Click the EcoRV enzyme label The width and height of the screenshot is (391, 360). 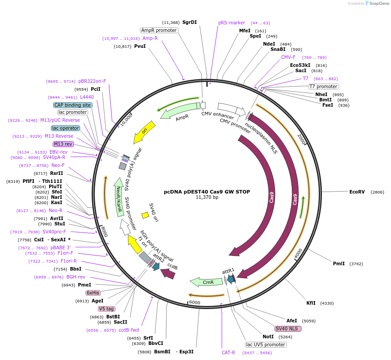(x=357, y=192)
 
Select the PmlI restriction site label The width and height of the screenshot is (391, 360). (x=339, y=263)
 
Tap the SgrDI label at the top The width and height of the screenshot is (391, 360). (x=190, y=22)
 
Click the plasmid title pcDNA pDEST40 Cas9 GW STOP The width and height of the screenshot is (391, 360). (x=207, y=192)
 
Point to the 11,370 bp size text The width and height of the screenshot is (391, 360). (x=207, y=197)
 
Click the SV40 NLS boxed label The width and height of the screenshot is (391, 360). (x=288, y=329)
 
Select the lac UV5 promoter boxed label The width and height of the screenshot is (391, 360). (x=266, y=345)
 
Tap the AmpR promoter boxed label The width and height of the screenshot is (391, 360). (x=159, y=30)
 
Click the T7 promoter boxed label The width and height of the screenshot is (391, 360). (x=323, y=86)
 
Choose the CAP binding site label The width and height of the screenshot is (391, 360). (x=73, y=105)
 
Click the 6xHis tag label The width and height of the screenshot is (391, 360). (x=93, y=293)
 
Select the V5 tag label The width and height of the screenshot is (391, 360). (x=106, y=309)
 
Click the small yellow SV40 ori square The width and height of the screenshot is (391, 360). (x=145, y=215)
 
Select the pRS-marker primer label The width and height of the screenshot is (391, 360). (x=232, y=23)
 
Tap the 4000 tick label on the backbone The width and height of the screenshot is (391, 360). (x=298, y=253)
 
